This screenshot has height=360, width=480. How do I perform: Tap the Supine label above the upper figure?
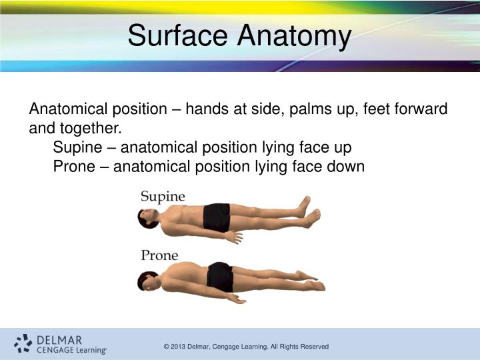click(163, 196)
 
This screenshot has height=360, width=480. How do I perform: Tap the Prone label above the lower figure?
click(159, 255)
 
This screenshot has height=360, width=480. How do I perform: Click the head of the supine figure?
click(149, 218)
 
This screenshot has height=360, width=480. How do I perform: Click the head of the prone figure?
click(148, 280)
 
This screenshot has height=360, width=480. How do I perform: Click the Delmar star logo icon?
click(23, 343)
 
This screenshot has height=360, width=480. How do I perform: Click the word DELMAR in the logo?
click(59, 339)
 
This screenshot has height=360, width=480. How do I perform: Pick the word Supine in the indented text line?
click(75, 147)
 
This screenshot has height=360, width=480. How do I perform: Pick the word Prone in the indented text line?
click(73, 166)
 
